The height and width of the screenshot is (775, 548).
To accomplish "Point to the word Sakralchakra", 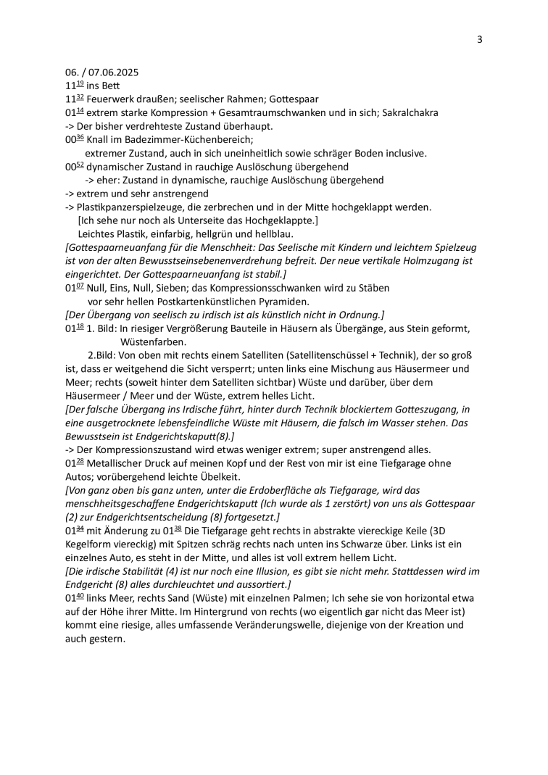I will (408, 112).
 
